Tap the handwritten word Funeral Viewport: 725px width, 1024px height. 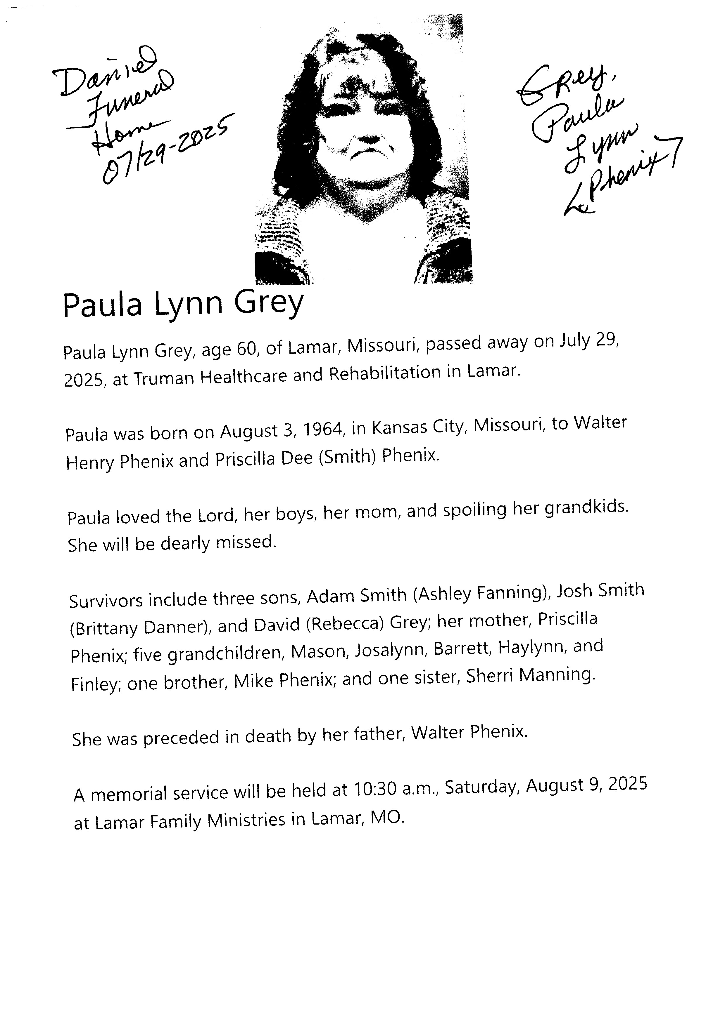(x=130, y=96)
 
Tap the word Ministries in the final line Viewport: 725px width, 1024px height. (x=246, y=820)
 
